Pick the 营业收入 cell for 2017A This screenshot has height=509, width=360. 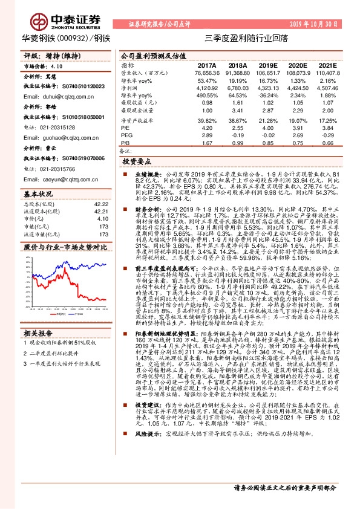pyautogui.click(x=206, y=72)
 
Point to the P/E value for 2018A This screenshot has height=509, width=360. pyautogui.click(x=237, y=128)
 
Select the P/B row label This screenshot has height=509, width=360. pyautogui.click(x=125, y=143)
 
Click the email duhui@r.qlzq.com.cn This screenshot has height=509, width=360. pyautogui.click(x=59, y=97)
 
